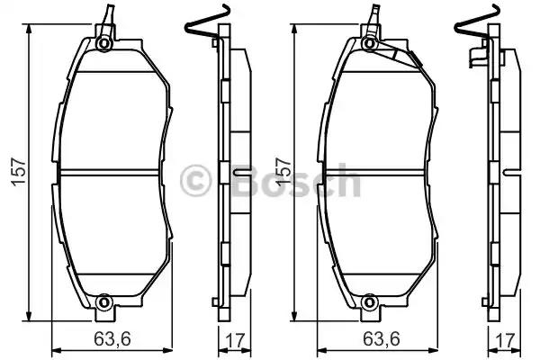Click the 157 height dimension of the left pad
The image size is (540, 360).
tap(19, 172)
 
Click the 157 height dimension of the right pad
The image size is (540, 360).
tap(283, 172)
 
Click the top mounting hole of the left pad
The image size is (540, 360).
tap(103, 44)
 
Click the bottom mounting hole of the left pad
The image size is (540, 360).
tap(103, 302)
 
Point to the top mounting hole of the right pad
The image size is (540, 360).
tap(369, 44)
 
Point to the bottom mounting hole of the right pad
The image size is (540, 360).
tap(369, 302)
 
